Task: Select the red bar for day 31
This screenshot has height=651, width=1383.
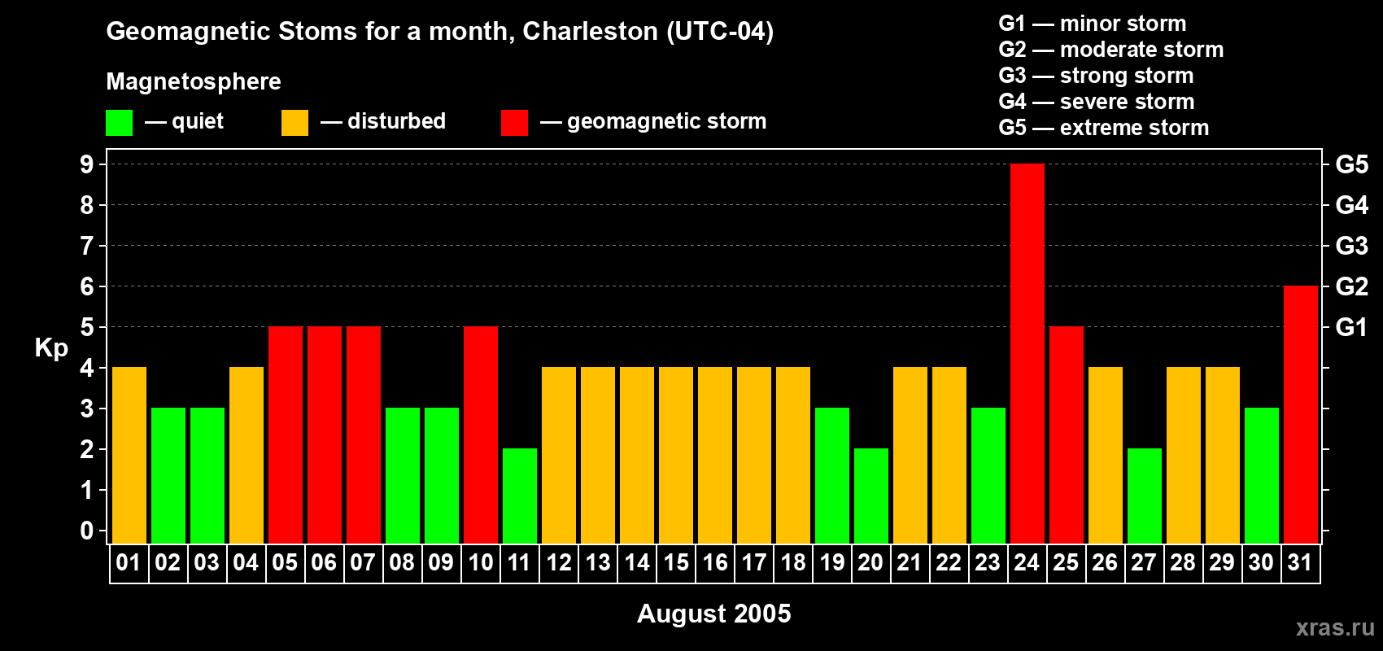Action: pos(1301,415)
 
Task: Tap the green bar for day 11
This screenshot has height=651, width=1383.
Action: pos(520,496)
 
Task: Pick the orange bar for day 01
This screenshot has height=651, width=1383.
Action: pos(129,456)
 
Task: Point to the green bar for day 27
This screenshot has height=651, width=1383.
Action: pos(1145,496)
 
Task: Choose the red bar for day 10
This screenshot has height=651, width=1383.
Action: pos(481,435)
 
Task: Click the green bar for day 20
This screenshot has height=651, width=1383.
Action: pos(871,496)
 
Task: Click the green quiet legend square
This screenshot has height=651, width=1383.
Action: pos(120,123)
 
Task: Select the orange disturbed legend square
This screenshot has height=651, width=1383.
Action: pos(294,123)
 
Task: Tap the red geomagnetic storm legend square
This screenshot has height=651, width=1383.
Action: pos(514,123)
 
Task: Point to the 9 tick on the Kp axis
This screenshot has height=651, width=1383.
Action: pos(87,164)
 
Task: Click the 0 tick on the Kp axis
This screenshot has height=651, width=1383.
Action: pos(87,531)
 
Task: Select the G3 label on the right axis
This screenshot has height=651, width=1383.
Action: pos(1351,246)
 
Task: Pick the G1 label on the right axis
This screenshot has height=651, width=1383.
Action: pos(1351,327)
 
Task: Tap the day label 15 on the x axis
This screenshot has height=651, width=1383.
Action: pos(676,563)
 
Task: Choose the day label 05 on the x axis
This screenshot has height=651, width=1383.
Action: pos(285,563)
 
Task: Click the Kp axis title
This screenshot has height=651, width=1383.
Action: pos(51,348)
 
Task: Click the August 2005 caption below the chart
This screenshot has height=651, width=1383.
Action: pos(713,614)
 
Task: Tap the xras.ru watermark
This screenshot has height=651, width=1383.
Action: pos(1335,627)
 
